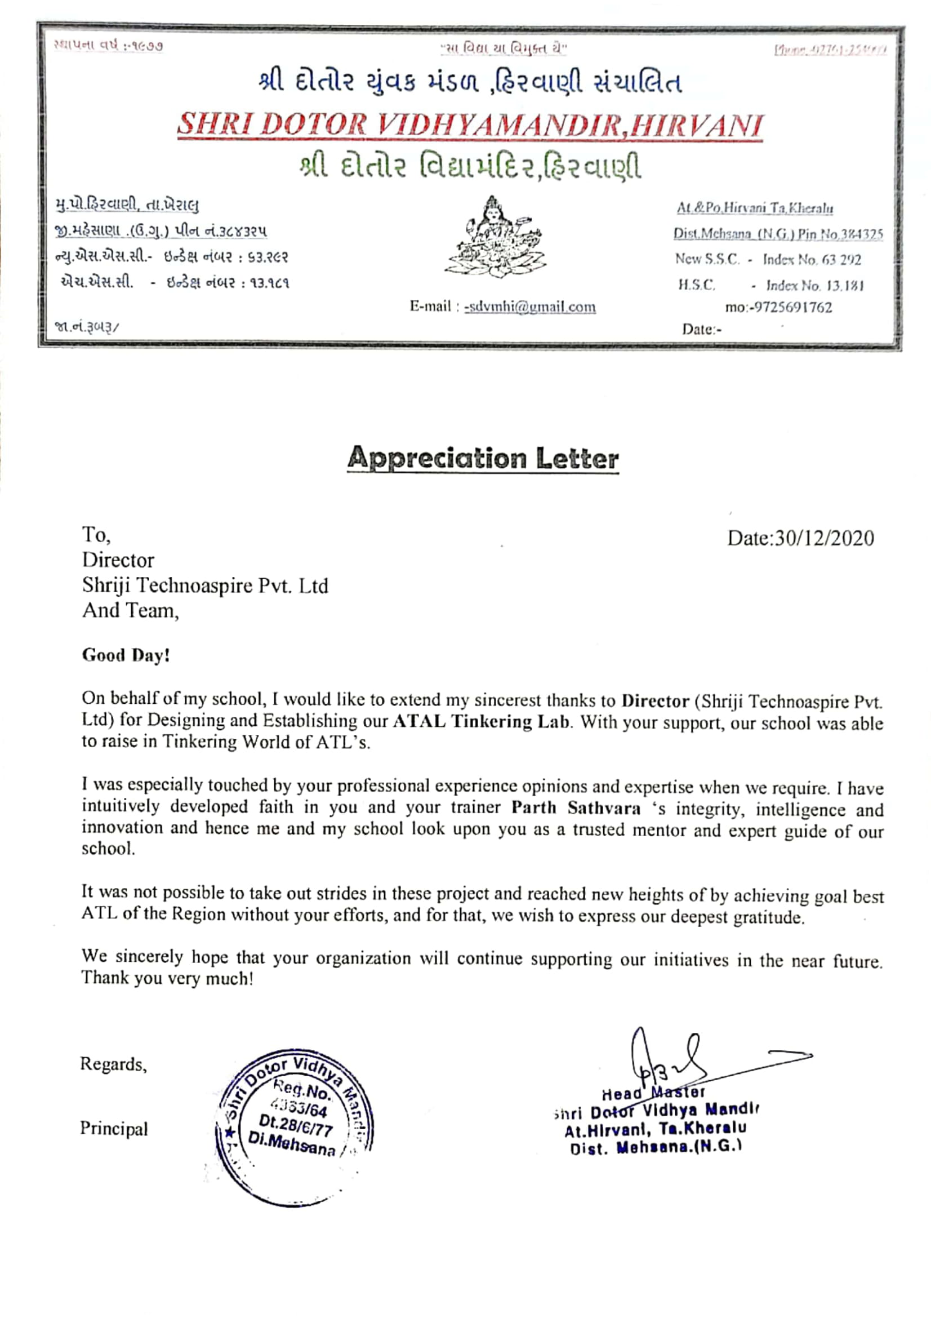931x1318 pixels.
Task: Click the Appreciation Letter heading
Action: pos(483,458)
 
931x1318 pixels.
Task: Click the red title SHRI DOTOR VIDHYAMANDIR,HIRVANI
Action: pos(470,125)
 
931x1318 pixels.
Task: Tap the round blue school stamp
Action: pos(293,1128)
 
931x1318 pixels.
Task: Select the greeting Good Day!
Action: pos(126,655)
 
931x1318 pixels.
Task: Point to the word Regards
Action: pos(114,1064)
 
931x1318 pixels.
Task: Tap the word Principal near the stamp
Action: pos(114,1129)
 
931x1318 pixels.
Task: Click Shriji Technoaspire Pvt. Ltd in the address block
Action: pos(205,585)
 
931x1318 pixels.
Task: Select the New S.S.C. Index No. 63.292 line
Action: pos(768,259)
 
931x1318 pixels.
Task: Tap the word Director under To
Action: pos(118,560)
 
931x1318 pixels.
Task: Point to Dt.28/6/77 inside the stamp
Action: pos(295,1126)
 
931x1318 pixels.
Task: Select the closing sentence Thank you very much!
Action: pos(167,978)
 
